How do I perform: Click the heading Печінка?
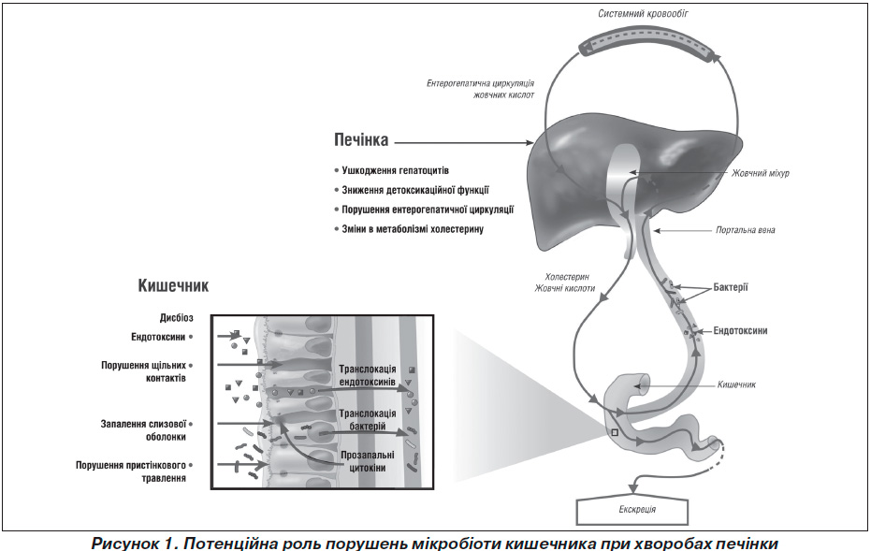pyautogui.click(x=361, y=139)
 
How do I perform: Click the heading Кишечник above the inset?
pyautogui.click(x=173, y=285)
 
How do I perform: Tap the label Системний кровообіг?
pyautogui.click(x=643, y=13)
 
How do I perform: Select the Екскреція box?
pyautogui.click(x=632, y=510)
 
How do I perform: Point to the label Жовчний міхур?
pyautogui.click(x=760, y=173)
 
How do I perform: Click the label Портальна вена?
pyautogui.click(x=745, y=230)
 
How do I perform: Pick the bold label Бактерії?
pyautogui.click(x=731, y=288)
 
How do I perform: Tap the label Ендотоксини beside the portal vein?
pyautogui.click(x=740, y=330)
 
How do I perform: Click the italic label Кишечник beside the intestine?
pyautogui.click(x=736, y=384)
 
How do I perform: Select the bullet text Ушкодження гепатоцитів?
pyautogui.click(x=395, y=170)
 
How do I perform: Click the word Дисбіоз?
pyautogui.click(x=176, y=318)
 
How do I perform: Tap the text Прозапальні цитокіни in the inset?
pyautogui.click(x=367, y=461)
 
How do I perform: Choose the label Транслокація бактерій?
pyautogui.click(x=367, y=420)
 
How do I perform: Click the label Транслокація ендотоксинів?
pyautogui.click(x=367, y=375)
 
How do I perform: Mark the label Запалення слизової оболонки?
pyautogui.click(x=143, y=430)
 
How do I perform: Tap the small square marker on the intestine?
pyautogui.click(x=615, y=433)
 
